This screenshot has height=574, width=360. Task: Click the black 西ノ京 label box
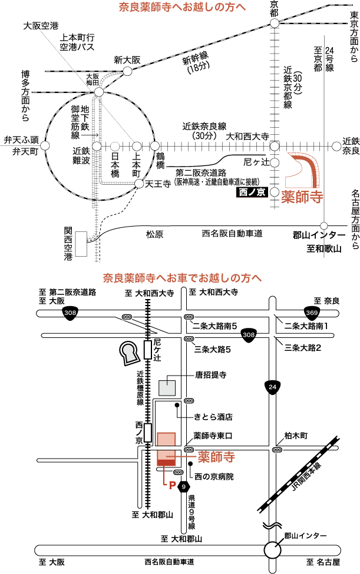252,192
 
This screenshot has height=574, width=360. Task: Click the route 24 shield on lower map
272,386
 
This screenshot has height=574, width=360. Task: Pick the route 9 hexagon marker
185,486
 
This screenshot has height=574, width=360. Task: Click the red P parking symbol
172,486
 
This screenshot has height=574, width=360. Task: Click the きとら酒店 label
213,417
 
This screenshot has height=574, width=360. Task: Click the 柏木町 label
296,436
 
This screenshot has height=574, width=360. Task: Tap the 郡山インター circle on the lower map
273,550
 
